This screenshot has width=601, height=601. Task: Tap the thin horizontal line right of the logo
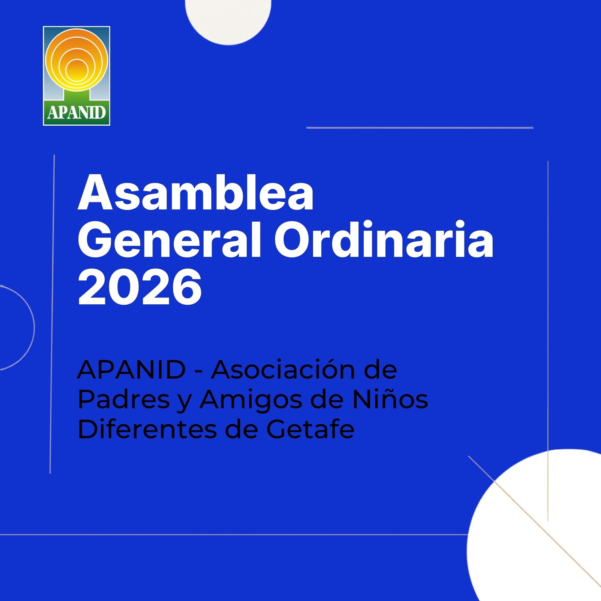pos(420,128)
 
